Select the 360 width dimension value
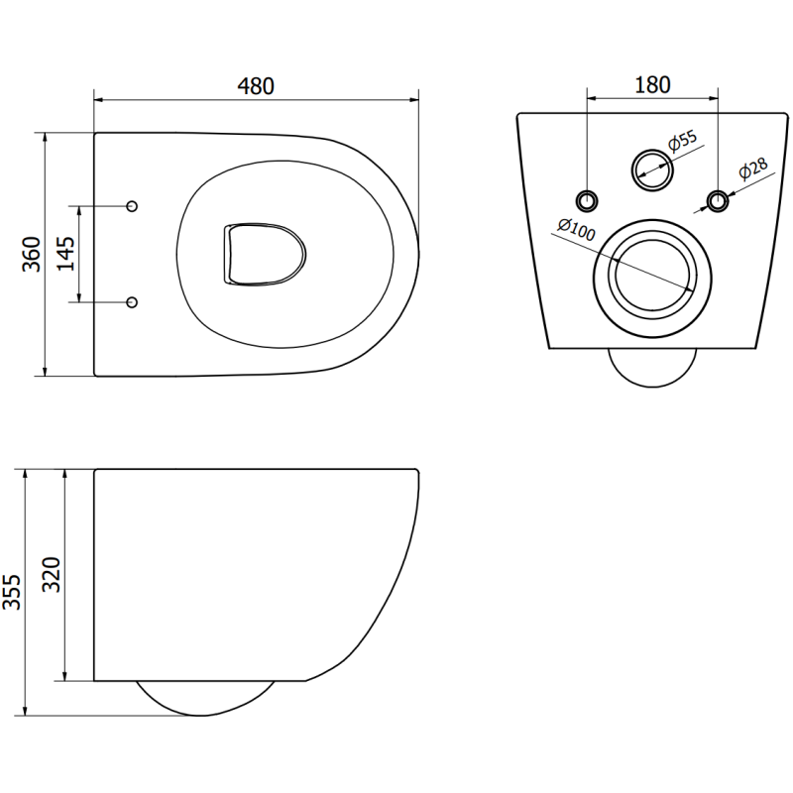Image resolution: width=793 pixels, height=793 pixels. [x=32, y=255]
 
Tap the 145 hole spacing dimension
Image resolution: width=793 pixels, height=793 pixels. [x=64, y=255]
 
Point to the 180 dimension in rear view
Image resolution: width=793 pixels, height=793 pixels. [x=652, y=84]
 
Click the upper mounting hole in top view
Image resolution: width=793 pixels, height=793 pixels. [x=134, y=206]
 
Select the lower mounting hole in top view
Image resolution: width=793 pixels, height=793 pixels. [x=134, y=301]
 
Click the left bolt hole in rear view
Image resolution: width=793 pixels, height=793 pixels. [x=589, y=200]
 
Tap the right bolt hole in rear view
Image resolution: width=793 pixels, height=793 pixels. [x=717, y=200]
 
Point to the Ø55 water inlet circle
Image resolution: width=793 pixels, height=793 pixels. [x=652, y=169]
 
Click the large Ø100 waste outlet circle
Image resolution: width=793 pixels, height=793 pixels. [x=652, y=275]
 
